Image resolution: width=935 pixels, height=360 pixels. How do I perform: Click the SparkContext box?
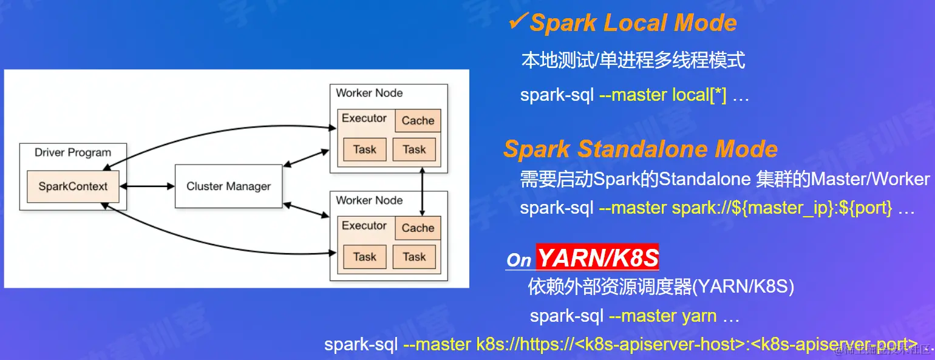(x=73, y=186)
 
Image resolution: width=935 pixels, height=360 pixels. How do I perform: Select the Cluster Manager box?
(x=229, y=186)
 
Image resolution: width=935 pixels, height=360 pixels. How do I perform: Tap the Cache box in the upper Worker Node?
(x=418, y=121)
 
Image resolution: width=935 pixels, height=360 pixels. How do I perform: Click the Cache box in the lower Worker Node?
(x=418, y=228)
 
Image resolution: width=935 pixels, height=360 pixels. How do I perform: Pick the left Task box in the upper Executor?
(x=365, y=149)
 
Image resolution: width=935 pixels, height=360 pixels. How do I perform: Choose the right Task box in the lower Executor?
(x=414, y=257)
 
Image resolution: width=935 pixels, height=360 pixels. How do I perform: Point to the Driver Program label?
(x=73, y=152)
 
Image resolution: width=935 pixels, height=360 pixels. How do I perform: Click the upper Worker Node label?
(x=369, y=93)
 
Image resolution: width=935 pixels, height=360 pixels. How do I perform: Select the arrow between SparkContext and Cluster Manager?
(x=147, y=186)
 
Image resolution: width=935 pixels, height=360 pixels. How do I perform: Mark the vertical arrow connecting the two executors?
(x=423, y=191)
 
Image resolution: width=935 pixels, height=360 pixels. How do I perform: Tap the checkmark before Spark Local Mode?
(x=518, y=21)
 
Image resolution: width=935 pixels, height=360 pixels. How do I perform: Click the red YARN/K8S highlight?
(x=597, y=257)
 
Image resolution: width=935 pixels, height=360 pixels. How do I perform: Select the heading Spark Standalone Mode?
(x=641, y=149)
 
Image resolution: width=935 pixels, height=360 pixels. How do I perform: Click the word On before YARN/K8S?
(x=519, y=260)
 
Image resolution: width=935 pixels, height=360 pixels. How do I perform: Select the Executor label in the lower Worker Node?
(x=364, y=225)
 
